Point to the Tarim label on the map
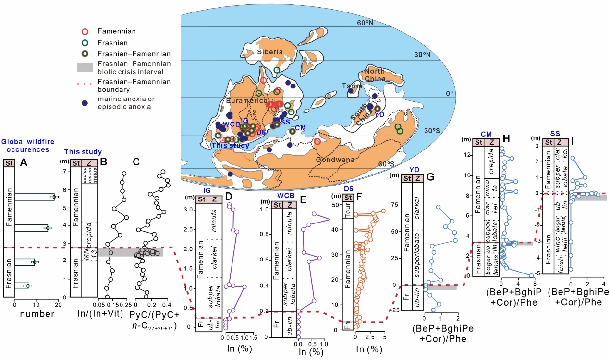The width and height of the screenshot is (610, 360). click(352, 86)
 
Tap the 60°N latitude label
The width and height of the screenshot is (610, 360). click(365, 23)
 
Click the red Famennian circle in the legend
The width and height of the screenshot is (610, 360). click(85, 31)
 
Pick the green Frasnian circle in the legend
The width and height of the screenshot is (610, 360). click(85, 43)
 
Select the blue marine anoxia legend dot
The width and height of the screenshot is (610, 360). click(85, 103)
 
